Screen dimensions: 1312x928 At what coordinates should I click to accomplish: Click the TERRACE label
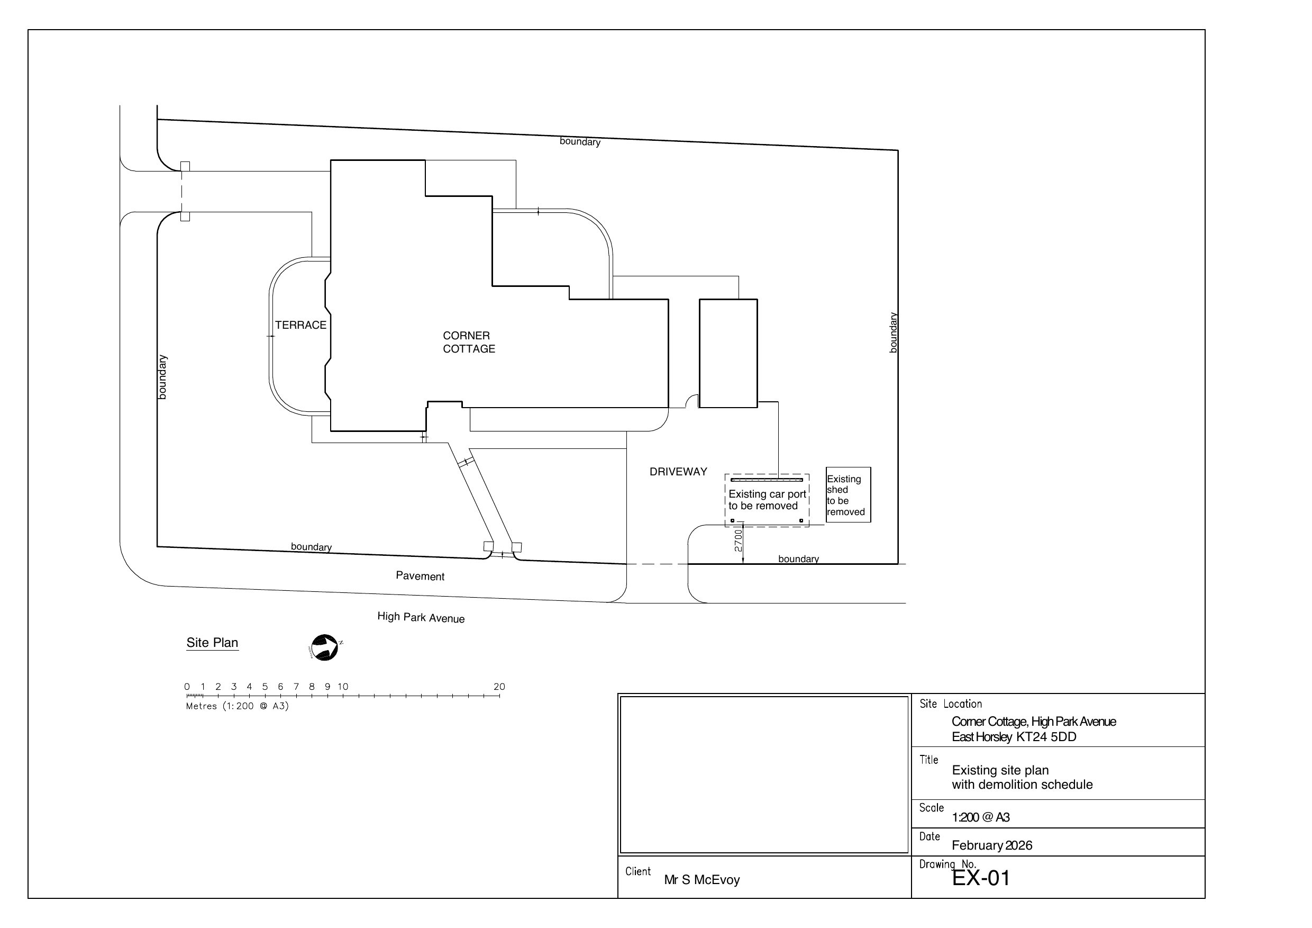click(300, 325)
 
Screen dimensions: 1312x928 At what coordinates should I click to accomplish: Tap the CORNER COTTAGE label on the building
click(469, 342)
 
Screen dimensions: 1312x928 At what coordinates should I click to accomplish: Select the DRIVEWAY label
click(678, 472)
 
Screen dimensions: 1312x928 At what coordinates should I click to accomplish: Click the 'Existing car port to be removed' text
click(767, 500)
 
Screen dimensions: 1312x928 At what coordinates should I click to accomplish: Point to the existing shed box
click(849, 494)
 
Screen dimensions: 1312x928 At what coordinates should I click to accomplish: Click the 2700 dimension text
click(739, 540)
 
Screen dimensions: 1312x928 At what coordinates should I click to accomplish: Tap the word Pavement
click(420, 576)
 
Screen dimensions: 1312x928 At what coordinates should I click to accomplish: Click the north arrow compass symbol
click(325, 648)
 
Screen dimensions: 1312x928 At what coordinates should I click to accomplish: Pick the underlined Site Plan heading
click(212, 643)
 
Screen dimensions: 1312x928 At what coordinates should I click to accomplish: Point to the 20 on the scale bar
click(499, 687)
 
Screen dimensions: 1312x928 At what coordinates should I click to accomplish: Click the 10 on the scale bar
click(343, 687)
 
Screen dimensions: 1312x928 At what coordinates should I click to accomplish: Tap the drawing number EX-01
click(981, 878)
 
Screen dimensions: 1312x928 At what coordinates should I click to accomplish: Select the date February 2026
click(992, 845)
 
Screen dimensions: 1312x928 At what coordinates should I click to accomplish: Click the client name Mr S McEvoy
click(701, 880)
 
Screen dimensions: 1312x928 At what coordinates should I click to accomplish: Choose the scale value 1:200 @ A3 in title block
click(981, 817)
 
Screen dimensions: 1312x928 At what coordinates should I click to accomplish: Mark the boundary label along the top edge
click(580, 141)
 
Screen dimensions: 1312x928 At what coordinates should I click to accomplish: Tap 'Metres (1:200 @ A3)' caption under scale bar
click(237, 706)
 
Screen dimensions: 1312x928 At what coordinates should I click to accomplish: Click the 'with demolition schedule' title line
click(1022, 785)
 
